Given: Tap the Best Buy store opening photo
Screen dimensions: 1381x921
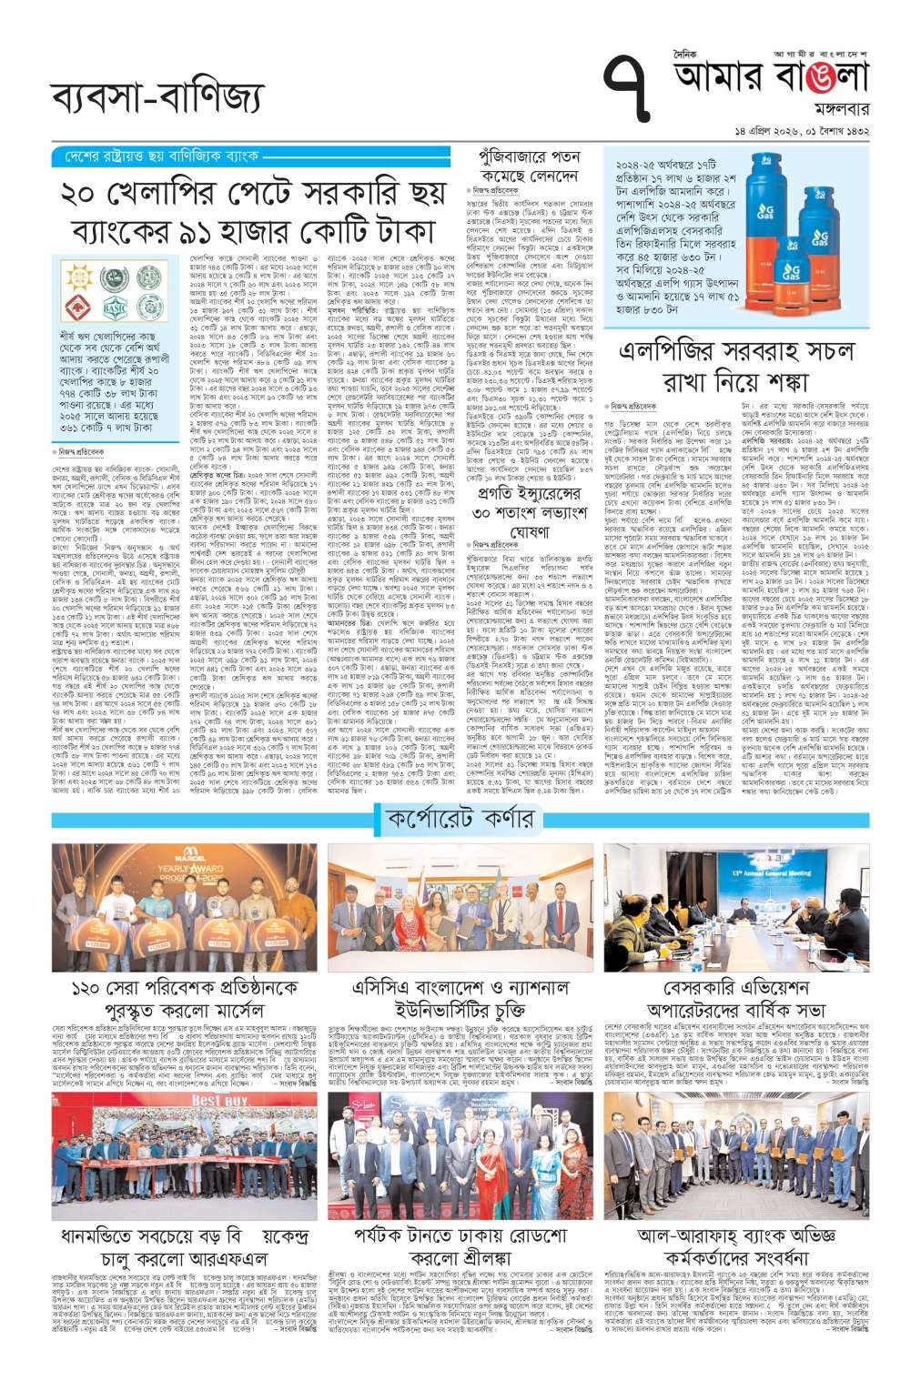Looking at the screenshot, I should pyautogui.click(x=184, y=1155).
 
